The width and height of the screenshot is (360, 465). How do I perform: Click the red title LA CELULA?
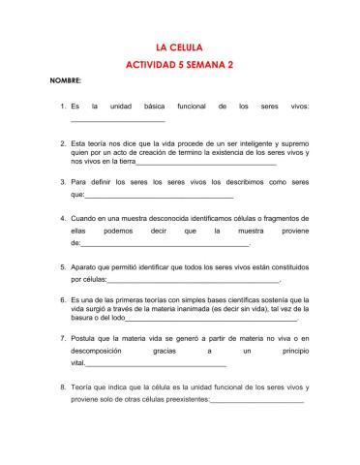[180, 46]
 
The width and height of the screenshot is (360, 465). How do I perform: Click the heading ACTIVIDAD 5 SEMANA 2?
[180, 64]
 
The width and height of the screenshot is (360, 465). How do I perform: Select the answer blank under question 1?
[117, 120]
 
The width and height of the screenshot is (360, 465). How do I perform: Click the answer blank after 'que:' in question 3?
[145, 195]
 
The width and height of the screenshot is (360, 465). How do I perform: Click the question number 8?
[63, 387]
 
